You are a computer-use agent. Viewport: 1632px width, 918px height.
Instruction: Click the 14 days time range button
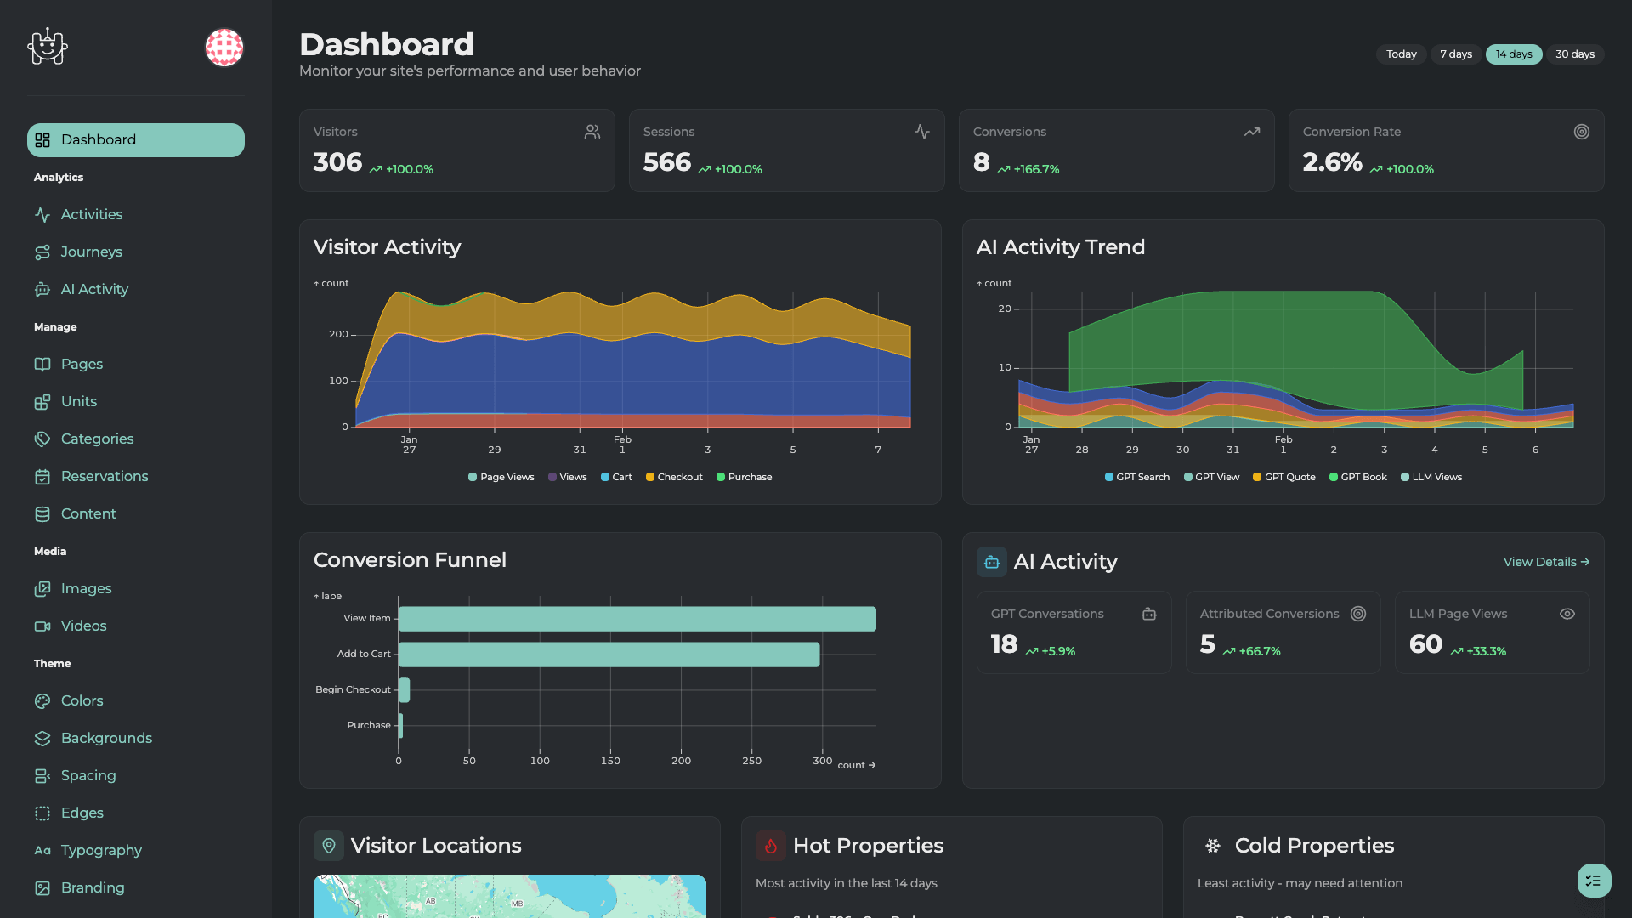pos(1513,54)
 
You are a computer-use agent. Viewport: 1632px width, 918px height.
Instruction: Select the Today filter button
pos(1401,54)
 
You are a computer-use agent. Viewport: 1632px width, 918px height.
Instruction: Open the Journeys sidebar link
pos(91,252)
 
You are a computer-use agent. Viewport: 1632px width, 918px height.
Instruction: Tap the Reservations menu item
pos(105,476)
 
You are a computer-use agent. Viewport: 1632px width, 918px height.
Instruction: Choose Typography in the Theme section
pos(101,850)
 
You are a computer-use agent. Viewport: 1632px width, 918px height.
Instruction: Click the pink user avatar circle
pos(224,48)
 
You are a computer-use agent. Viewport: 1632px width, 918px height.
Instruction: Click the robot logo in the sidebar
pos(48,47)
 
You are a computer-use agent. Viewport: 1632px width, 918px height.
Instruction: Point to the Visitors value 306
pos(337,161)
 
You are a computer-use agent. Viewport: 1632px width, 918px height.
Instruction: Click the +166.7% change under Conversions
pos(1035,169)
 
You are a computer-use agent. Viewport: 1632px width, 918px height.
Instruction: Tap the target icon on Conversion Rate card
pos(1581,132)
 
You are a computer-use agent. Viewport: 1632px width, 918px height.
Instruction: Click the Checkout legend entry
pos(675,477)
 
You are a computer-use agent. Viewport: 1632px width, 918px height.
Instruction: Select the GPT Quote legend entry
pos(1284,477)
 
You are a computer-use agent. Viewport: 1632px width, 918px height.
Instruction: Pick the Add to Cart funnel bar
pos(609,654)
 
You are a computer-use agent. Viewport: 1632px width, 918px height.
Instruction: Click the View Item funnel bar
pos(637,619)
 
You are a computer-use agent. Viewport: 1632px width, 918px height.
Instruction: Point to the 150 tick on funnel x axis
pos(610,761)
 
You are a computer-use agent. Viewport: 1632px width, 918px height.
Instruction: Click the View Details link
pos(1545,562)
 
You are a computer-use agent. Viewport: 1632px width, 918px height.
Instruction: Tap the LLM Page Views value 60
pos(1425,644)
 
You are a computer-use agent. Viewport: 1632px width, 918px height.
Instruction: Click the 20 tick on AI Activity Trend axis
pos(1005,309)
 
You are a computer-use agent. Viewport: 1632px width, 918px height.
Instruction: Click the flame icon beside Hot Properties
pos(770,846)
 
